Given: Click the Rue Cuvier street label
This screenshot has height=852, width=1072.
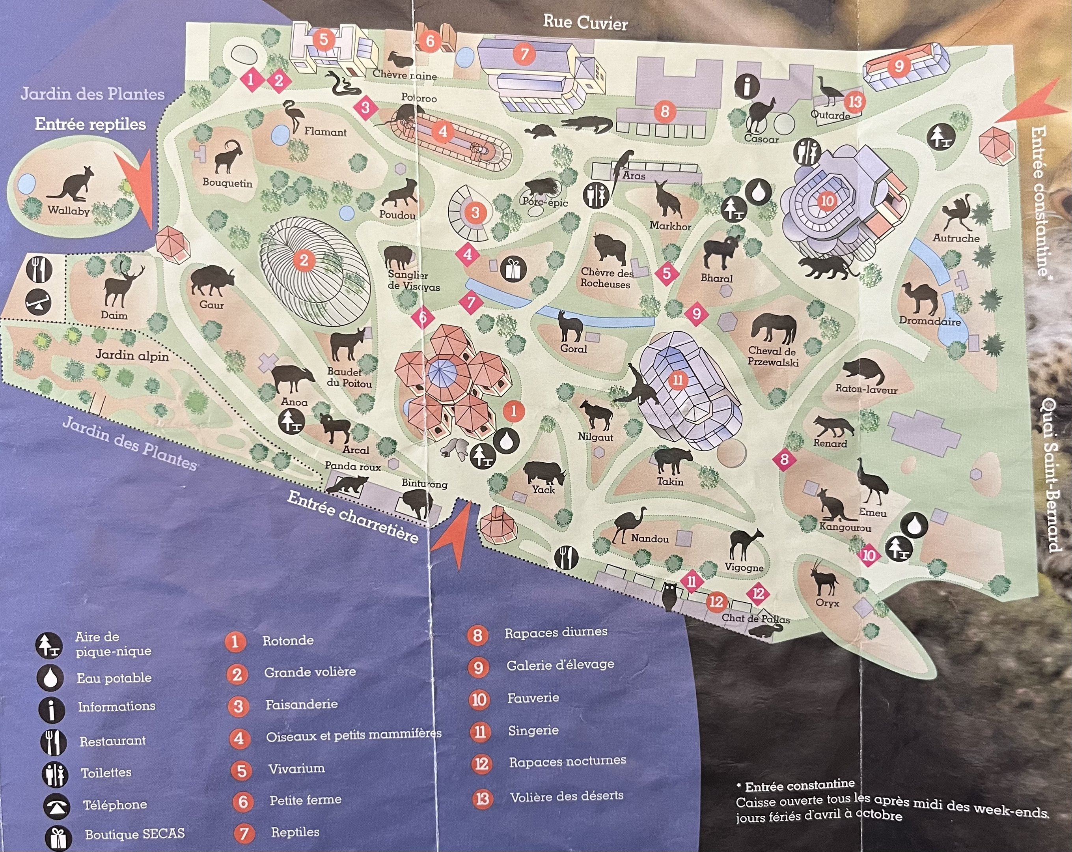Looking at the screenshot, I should (x=585, y=22).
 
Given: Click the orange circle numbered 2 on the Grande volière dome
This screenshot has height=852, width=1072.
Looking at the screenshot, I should (x=304, y=260).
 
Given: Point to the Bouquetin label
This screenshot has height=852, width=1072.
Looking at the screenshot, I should (x=227, y=183).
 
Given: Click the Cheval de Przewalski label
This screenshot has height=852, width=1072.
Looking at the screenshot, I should (x=772, y=356).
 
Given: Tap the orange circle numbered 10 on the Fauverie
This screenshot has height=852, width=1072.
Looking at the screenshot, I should (x=827, y=201).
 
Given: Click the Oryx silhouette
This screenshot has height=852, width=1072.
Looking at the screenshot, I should (x=824, y=578).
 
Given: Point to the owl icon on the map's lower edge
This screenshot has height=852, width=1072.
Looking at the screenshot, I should (x=670, y=596).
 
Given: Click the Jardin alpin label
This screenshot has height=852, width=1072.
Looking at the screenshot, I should (x=132, y=355).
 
